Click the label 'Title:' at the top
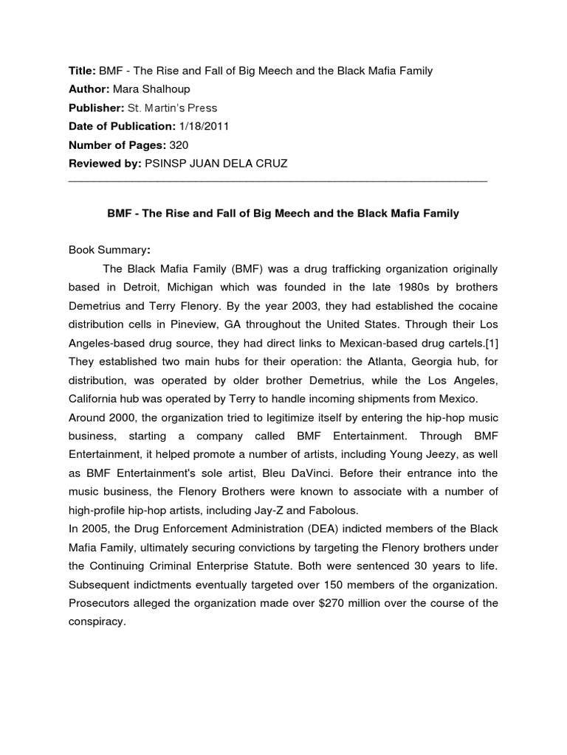(82, 71)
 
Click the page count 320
(179, 145)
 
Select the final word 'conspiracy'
(97, 622)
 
